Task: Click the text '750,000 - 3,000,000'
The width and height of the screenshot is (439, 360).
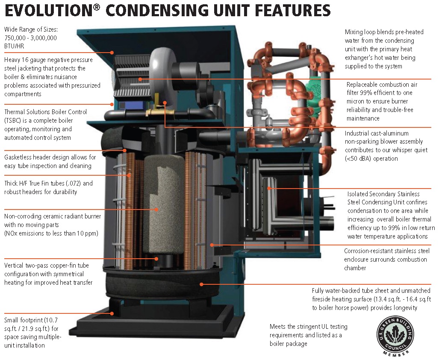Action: click(x=30, y=38)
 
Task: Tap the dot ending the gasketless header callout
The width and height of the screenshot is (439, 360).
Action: click(x=125, y=150)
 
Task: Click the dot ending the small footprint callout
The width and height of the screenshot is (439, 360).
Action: click(x=112, y=313)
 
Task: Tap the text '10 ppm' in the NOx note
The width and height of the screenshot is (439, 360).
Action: click(x=88, y=233)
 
